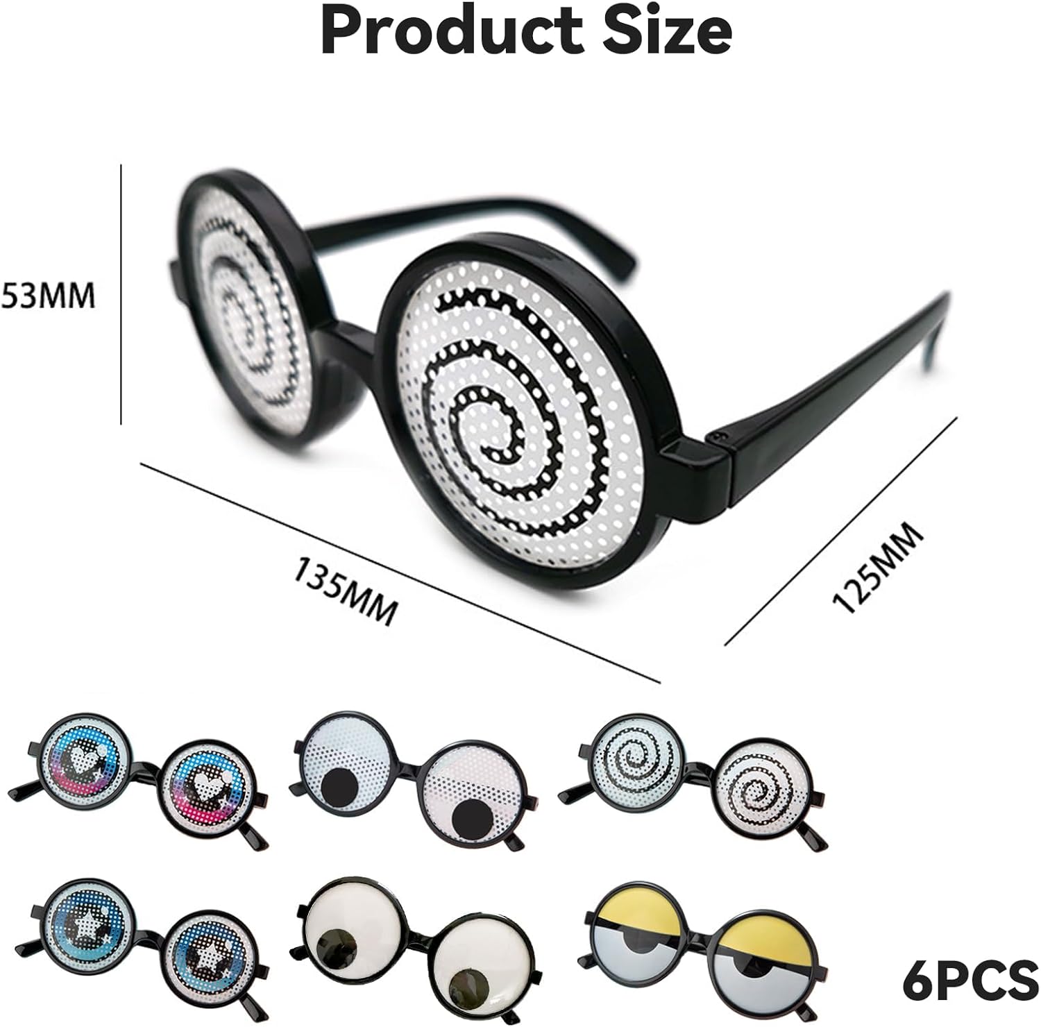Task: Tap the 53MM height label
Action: coord(47,296)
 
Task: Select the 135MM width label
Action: coord(346,591)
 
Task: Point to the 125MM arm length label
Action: coord(878,569)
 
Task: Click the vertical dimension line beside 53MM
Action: coord(121,294)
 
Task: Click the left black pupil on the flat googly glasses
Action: coord(341,786)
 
